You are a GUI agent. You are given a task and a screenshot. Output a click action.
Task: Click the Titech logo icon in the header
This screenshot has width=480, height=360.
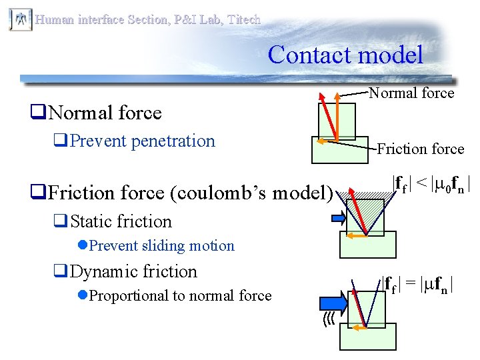[20, 19]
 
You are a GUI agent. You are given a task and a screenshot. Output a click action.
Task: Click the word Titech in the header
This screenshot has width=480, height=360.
[244, 19]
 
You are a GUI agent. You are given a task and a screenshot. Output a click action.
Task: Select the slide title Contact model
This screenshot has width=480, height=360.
[345, 54]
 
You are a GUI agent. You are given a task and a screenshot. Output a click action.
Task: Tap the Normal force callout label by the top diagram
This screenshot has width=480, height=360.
[411, 93]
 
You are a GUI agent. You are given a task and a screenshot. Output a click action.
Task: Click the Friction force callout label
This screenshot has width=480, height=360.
[420, 149]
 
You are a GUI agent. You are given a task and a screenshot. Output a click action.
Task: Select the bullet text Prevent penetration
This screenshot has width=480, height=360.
[143, 141]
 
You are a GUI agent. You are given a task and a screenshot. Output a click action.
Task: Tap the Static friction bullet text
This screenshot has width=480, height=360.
[121, 221]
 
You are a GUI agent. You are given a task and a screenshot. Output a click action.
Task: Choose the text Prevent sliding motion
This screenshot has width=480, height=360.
[161, 245]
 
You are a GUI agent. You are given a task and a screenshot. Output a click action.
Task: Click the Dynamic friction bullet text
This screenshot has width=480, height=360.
[133, 271]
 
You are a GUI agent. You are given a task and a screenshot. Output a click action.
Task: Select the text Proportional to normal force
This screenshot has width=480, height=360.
[180, 295]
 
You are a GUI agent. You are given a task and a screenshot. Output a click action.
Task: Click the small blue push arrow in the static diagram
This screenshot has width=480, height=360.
[339, 217]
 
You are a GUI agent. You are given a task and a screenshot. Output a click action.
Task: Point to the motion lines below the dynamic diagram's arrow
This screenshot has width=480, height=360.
[328, 321]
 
